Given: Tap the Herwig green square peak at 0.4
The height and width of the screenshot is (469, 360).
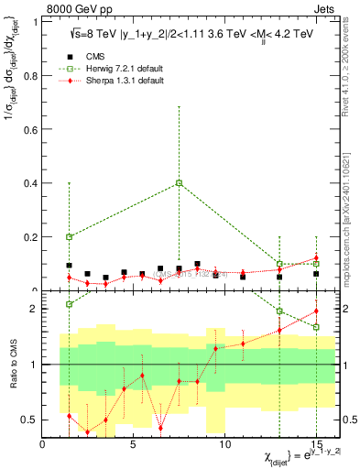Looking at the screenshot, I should click(179, 183).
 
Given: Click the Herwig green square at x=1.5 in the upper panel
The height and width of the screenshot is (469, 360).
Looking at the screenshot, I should click(69, 236).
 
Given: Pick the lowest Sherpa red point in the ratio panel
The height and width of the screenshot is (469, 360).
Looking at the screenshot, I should click(87, 432).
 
